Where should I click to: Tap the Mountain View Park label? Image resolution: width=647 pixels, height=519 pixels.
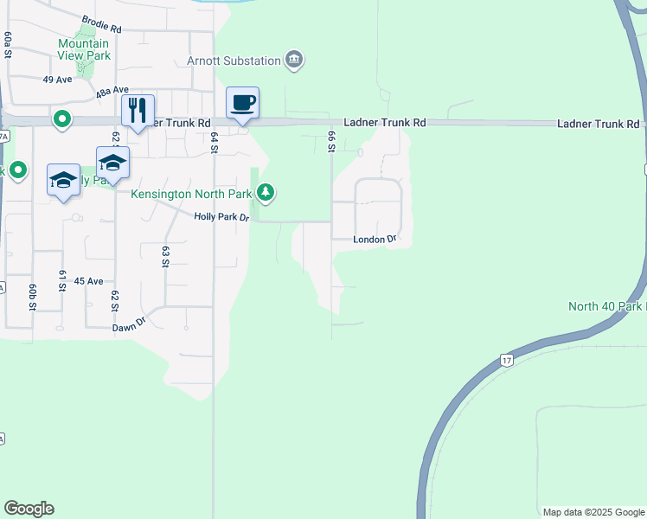tap(84, 49)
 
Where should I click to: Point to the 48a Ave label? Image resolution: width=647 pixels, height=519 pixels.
tap(112, 90)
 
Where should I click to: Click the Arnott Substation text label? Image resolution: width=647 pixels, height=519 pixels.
tap(234, 61)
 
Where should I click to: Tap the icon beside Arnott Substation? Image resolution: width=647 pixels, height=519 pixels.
tap(295, 60)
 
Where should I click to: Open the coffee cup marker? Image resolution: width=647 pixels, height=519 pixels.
tap(242, 103)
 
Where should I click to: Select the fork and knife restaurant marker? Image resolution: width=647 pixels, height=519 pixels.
tap(138, 110)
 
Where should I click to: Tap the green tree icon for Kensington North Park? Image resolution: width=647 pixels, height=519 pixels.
tap(267, 193)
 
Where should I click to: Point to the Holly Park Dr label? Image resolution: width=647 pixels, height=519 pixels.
tap(221, 217)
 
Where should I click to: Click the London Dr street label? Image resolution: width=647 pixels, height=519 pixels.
tap(375, 239)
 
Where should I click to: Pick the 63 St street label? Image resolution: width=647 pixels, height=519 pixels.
tap(164, 256)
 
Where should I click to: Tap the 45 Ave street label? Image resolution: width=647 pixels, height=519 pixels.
tap(88, 281)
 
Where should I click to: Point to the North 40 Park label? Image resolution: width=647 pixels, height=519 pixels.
tap(606, 306)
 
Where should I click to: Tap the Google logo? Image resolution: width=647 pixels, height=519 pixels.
tap(29, 509)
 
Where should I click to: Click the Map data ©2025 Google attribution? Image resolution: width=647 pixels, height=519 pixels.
tap(593, 512)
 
